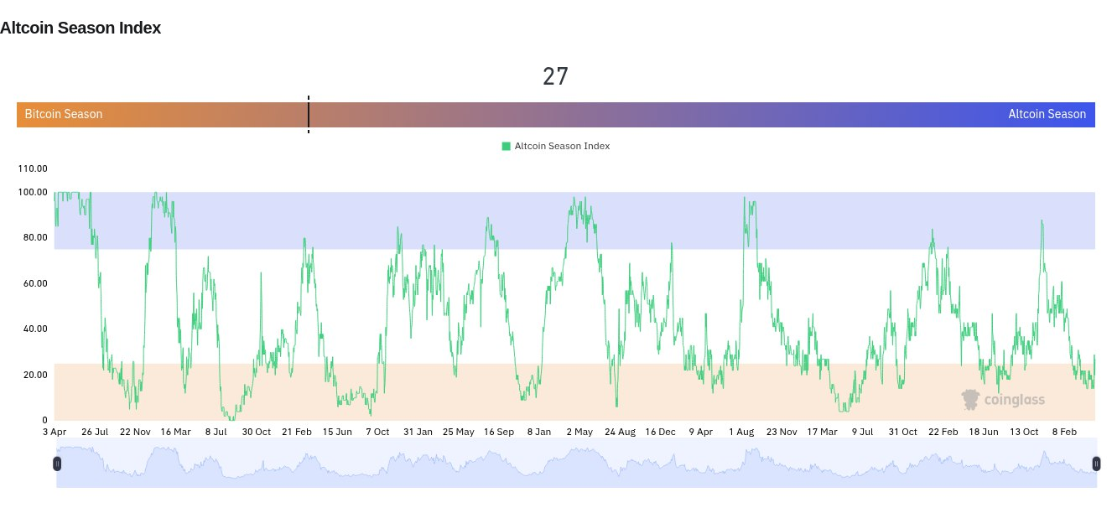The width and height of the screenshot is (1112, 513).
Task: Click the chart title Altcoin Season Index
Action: tap(81, 28)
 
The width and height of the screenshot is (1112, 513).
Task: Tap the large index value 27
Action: tap(555, 76)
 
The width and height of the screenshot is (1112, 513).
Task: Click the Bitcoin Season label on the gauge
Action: tap(64, 114)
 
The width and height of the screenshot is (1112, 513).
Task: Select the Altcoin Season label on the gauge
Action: tap(1047, 114)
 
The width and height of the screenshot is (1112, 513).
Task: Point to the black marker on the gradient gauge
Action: tap(309, 114)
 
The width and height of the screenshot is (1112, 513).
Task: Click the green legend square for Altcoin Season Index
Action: tap(507, 146)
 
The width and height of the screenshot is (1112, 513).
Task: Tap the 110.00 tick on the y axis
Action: tap(32, 168)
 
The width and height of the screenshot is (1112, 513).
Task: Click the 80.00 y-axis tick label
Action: tap(32, 237)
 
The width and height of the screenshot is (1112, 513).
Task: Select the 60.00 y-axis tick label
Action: tap(32, 283)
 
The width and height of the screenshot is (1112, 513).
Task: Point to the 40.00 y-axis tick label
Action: tap(32, 329)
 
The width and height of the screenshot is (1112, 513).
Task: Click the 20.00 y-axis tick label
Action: tap(32, 375)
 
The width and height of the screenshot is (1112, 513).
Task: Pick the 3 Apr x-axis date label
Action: tap(54, 433)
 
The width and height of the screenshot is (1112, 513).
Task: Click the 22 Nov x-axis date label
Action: tap(134, 433)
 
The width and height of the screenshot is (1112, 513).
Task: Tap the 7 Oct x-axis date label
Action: tap(377, 433)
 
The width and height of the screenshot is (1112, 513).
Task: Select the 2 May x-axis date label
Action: tap(579, 433)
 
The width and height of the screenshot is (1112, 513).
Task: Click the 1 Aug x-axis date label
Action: tap(741, 433)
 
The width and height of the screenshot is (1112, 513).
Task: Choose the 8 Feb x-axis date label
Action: tap(1065, 433)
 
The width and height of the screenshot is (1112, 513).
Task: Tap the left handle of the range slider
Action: tap(57, 464)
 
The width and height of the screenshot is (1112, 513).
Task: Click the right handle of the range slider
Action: tap(1096, 464)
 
